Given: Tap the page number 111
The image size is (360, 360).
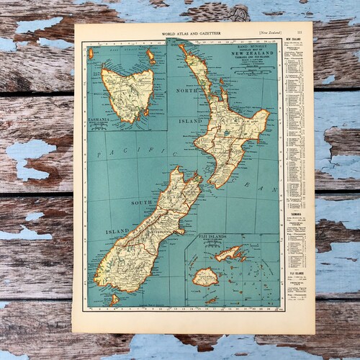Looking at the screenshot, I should (307, 30).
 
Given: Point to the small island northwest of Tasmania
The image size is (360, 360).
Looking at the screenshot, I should (91, 53).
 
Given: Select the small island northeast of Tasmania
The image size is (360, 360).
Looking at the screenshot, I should (150, 55).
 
